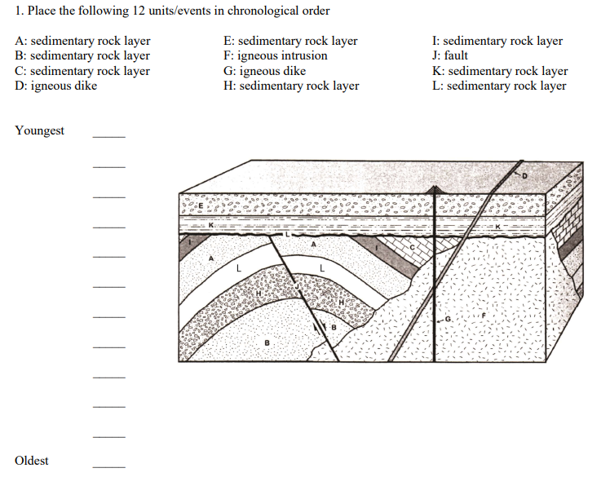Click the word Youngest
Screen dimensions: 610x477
point(39,131)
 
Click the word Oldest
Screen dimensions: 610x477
point(31,461)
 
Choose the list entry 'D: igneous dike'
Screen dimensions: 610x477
point(55,86)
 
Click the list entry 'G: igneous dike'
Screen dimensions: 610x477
point(263,71)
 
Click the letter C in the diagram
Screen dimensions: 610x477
point(413,246)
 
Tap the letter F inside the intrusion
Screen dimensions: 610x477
point(484,312)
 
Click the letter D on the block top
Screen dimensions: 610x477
point(526,174)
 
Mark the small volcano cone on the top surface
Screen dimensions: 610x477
point(437,190)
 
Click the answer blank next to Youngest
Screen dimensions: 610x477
point(108,136)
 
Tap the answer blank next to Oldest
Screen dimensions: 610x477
point(108,466)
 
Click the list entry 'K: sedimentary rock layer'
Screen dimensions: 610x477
point(500,71)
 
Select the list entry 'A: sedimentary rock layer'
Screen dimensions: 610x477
point(82,41)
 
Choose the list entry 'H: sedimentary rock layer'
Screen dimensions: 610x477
point(290,86)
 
